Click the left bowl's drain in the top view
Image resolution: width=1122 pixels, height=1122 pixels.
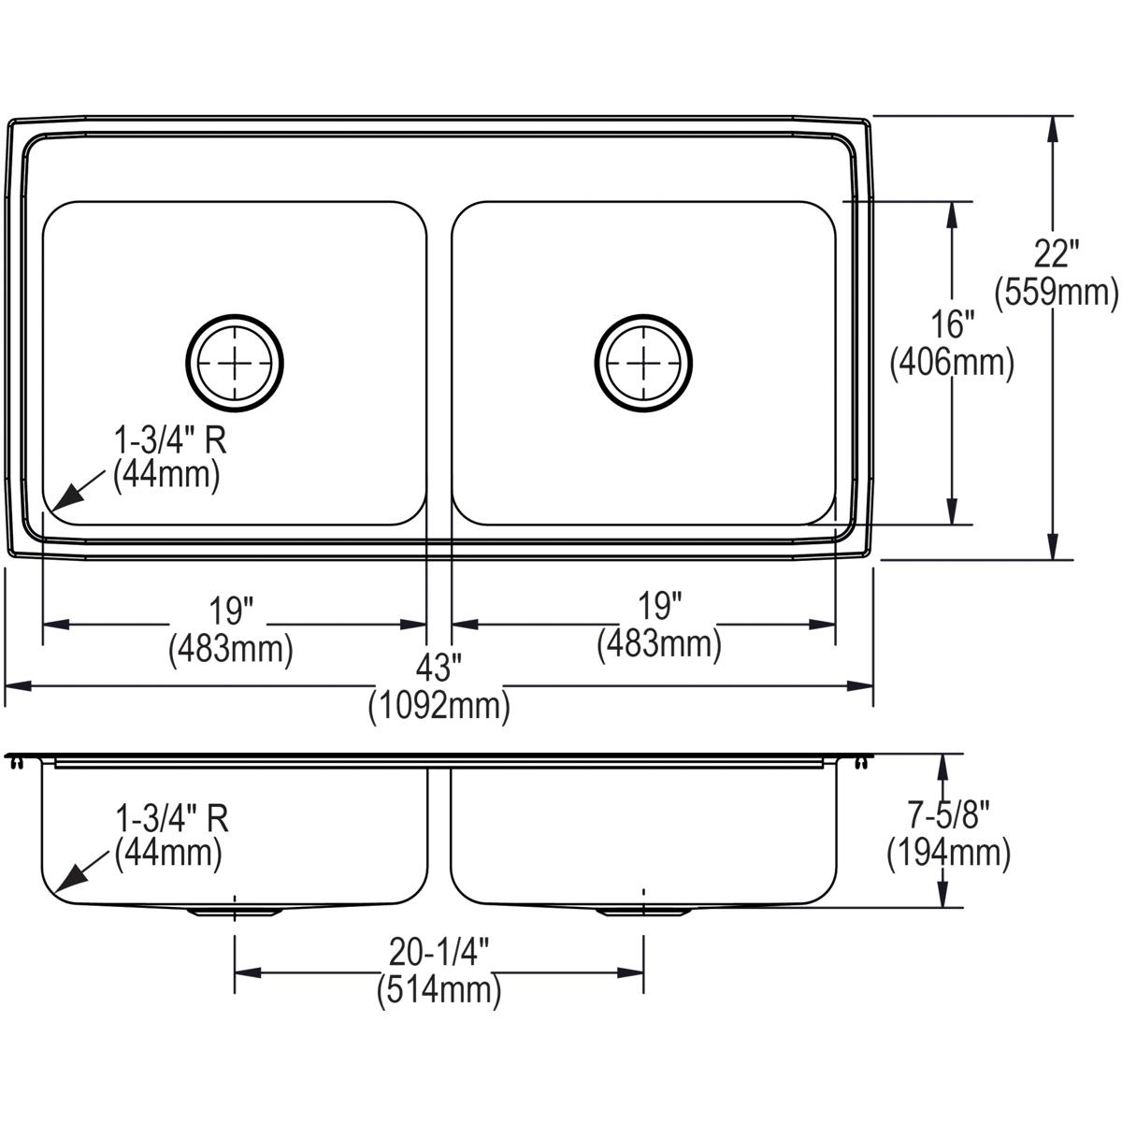[235, 361]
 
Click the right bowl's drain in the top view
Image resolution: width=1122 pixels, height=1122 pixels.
[643, 361]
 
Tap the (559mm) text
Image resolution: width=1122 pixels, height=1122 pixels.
[1057, 293]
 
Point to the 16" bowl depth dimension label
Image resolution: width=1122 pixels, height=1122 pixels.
[952, 324]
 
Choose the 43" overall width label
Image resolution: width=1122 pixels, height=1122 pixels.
[439, 668]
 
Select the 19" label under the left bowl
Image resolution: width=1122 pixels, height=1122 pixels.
[231, 611]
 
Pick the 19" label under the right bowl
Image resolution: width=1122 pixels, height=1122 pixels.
[659, 608]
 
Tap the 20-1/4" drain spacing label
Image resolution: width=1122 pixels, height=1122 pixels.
[439, 954]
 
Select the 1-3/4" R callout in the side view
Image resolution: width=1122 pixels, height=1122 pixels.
[171, 819]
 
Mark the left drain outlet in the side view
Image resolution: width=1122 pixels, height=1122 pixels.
[233, 910]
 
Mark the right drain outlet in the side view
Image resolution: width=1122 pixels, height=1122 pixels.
[642, 910]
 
